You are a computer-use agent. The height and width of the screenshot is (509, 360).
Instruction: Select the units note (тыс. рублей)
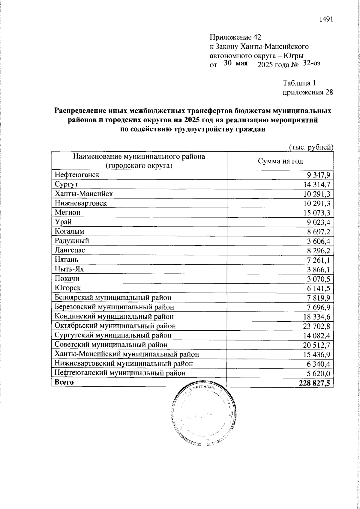[x=311, y=147]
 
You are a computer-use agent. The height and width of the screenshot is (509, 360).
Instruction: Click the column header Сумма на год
[x=280, y=161]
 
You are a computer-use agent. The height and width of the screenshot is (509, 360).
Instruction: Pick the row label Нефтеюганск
[x=77, y=174]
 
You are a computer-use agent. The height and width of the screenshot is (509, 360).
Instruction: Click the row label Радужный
[x=72, y=241]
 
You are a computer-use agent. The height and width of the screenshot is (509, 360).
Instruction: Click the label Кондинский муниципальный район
[x=114, y=316]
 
